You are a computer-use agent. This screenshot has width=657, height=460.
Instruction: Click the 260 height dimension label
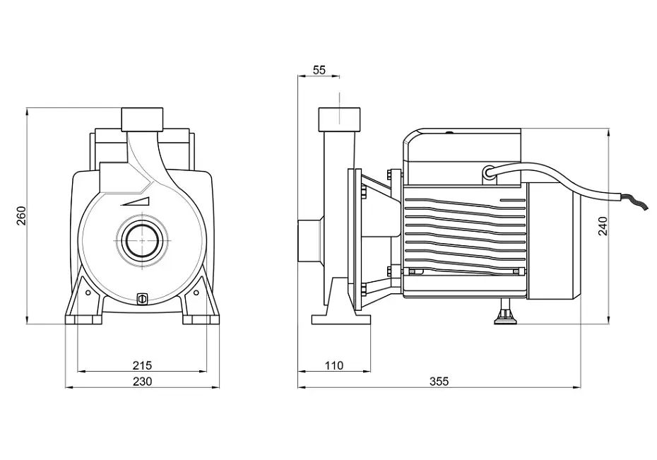tap(21, 216)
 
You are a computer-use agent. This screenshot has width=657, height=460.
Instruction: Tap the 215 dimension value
tap(143, 365)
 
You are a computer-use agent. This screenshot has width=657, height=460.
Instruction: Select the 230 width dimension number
tap(143, 382)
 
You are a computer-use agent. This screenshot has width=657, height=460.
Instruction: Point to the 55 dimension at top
tap(319, 70)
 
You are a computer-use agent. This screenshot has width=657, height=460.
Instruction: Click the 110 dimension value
tap(334, 366)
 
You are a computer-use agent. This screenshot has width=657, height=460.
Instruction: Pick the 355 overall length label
tap(439, 382)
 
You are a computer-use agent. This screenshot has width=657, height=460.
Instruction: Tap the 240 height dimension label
tap(603, 226)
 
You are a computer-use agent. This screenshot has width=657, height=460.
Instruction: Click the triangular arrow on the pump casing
tap(135, 201)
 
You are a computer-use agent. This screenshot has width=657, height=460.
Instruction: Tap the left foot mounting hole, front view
tap(88, 293)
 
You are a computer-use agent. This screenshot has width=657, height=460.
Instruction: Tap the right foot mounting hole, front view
tap(196, 293)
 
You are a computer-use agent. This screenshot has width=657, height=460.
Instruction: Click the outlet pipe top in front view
tap(142, 119)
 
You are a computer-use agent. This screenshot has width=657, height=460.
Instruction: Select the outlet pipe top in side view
tap(339, 119)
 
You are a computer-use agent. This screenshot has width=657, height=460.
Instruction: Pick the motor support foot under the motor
tap(505, 312)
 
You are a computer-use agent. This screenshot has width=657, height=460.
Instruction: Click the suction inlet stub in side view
tap(309, 242)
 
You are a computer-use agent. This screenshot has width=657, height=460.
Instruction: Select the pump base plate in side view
tap(341, 320)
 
